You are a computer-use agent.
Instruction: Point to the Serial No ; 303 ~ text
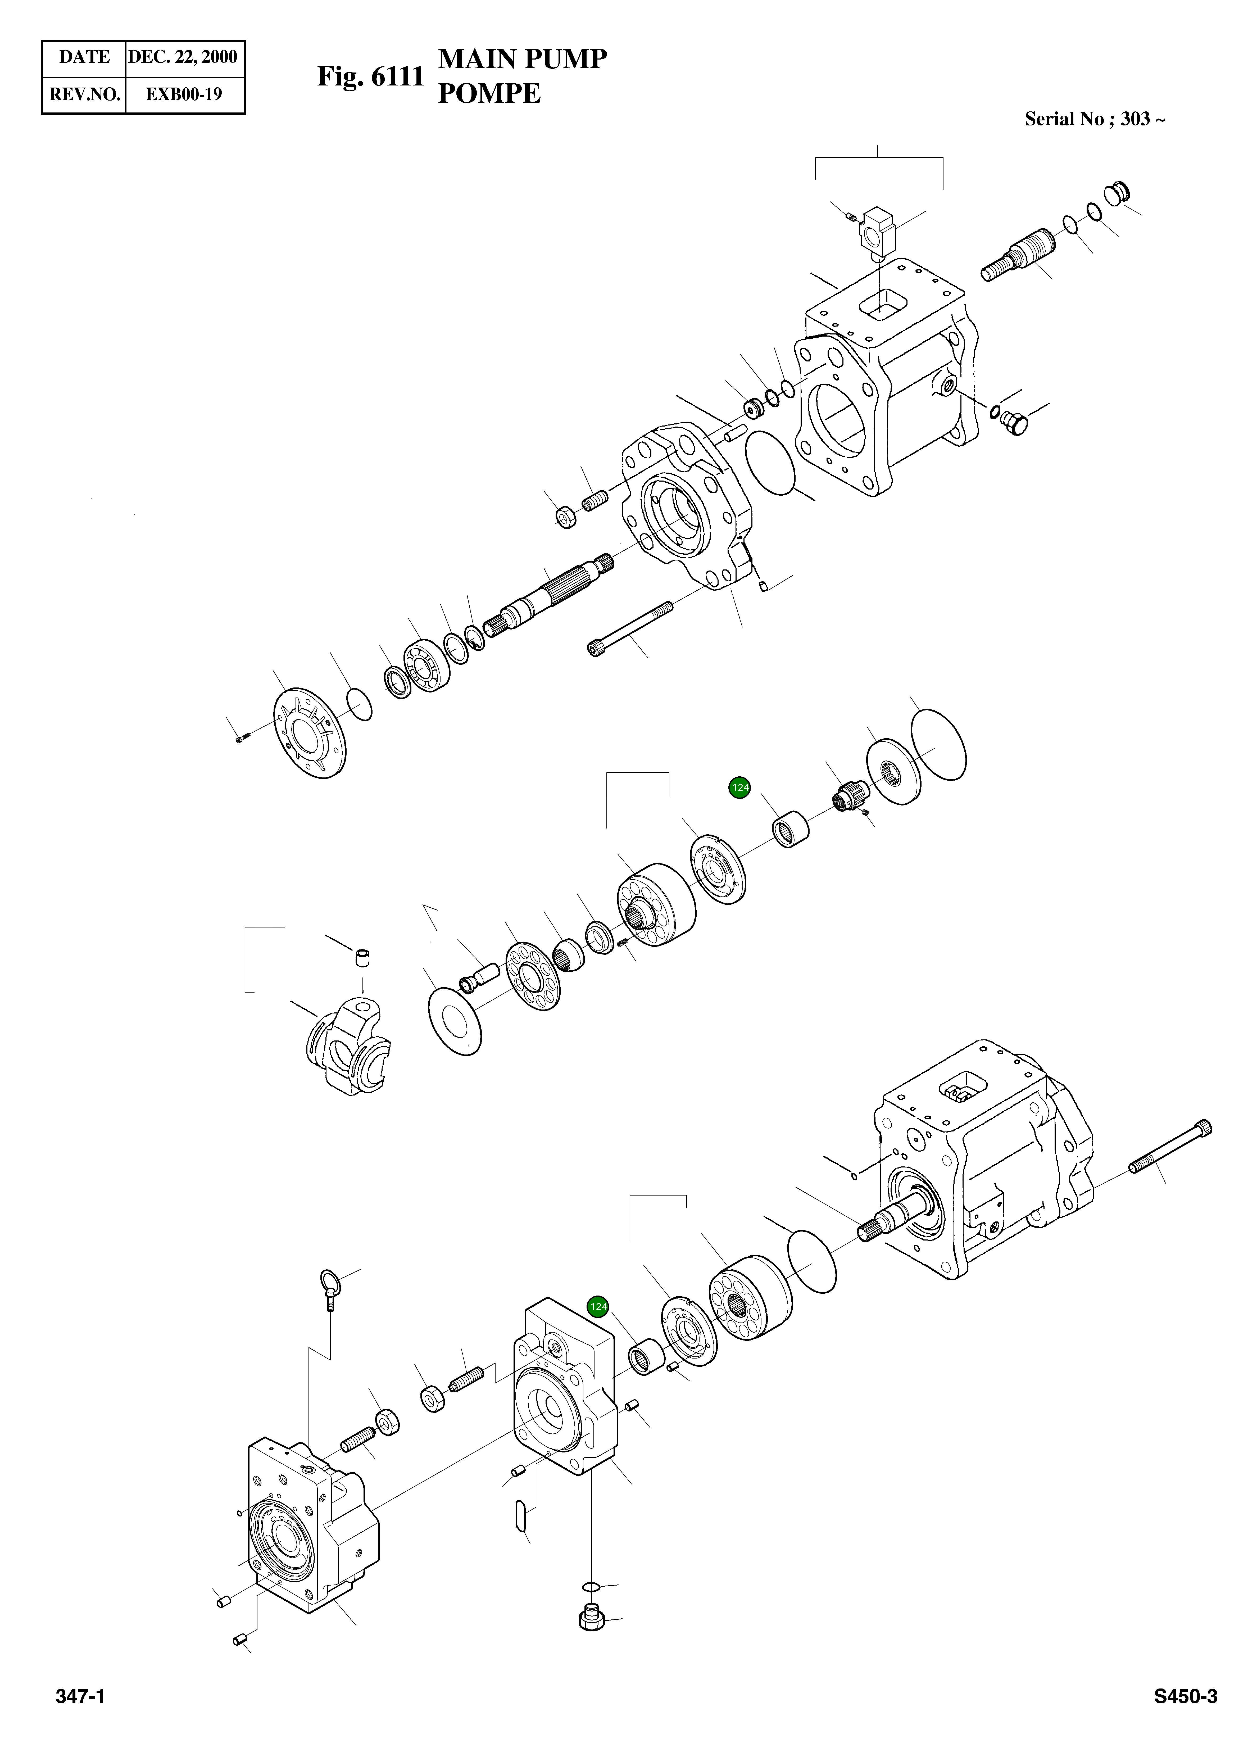pos(1094,119)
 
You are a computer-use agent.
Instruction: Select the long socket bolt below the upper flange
pos(630,630)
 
